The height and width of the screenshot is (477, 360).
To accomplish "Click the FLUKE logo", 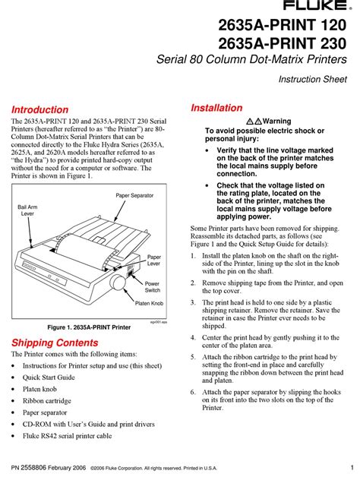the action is [317, 5].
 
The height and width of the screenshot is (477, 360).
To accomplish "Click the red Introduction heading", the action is [39, 109].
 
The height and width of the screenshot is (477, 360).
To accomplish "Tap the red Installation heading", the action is [216, 108].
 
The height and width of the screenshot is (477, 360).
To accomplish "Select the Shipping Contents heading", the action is [55, 343].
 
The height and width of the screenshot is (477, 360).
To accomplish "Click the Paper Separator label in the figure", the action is [134, 195].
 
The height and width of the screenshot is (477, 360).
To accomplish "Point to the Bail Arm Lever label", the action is [27, 210].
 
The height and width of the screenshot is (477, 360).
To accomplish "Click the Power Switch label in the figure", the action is [152, 286].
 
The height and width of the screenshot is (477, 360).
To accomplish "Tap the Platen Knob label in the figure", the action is [149, 303].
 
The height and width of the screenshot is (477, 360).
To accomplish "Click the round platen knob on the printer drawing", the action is [118, 282].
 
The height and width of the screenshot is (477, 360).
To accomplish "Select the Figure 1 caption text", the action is [89, 327].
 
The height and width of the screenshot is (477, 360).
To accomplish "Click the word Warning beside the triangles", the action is [277, 121].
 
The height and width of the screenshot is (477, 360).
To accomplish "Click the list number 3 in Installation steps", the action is [193, 302].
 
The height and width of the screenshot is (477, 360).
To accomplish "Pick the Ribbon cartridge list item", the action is [47, 400].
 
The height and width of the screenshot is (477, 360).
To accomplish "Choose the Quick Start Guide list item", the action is [49, 377].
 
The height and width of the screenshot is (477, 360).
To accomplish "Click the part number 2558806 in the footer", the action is [33, 468].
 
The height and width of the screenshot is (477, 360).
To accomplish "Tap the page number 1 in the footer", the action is [352, 468].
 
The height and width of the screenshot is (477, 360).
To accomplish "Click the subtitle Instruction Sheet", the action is [312, 80].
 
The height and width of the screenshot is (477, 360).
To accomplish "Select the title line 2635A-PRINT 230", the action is [282, 43].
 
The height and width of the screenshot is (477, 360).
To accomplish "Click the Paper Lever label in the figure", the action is [154, 260].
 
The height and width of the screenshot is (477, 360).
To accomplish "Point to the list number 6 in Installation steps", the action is [193, 392].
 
